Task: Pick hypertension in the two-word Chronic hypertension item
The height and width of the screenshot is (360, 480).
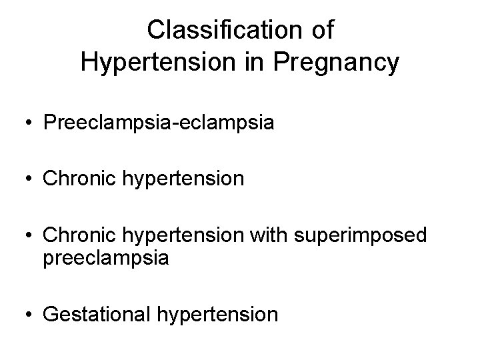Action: coord(187,179)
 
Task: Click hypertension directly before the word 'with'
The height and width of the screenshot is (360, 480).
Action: coord(187,234)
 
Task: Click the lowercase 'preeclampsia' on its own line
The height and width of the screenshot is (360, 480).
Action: coord(105,257)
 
